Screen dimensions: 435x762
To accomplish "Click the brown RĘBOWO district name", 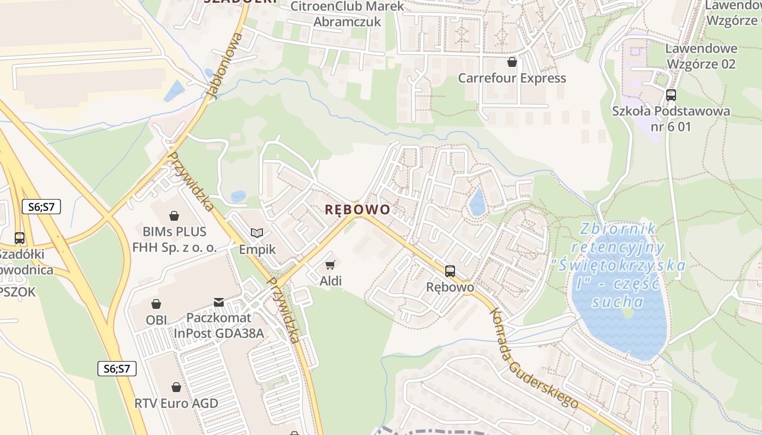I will [x=357, y=210].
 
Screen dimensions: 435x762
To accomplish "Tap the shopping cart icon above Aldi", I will [x=330, y=265].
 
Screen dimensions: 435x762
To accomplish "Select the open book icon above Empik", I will [x=257, y=233].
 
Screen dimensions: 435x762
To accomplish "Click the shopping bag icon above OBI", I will [x=156, y=303].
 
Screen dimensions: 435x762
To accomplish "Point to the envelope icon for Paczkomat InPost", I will [x=218, y=302].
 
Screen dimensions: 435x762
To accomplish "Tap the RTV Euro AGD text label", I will [x=176, y=403].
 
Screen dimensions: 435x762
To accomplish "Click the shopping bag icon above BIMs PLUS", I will [x=174, y=216].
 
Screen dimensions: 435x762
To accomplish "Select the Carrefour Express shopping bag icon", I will [x=512, y=62].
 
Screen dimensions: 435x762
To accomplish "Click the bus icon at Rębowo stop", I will [x=450, y=271].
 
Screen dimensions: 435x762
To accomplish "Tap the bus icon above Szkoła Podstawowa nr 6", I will [x=671, y=95].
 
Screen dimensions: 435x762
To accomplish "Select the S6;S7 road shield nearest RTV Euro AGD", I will [x=117, y=368].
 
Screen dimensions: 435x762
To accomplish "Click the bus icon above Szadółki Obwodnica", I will [x=20, y=238].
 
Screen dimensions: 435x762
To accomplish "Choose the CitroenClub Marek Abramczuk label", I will [x=348, y=14].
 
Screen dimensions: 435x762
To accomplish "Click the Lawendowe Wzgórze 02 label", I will [x=701, y=56].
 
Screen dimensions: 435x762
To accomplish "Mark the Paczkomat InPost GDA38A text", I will [x=218, y=325].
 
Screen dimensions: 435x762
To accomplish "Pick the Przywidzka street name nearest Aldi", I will [x=284, y=310].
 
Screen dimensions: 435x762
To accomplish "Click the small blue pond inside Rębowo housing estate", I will [x=477, y=202].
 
